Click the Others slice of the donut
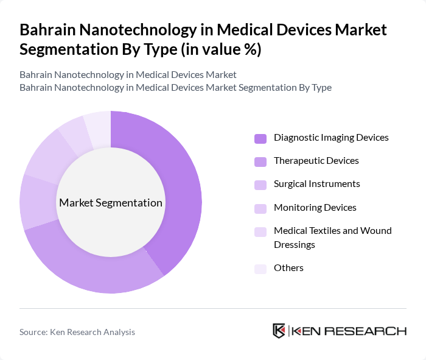click(98, 127)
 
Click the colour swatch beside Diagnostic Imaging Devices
click(260, 138)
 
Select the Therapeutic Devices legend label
click(316, 161)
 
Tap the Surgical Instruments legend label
click(316, 184)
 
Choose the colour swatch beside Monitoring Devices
click(260, 208)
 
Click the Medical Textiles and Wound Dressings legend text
click(332, 237)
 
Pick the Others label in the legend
click(288, 268)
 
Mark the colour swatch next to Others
click(260, 269)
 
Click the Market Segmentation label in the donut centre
click(111, 203)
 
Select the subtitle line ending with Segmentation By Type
click(175, 88)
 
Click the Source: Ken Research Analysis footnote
click(77, 332)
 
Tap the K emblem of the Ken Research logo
click(279, 331)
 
